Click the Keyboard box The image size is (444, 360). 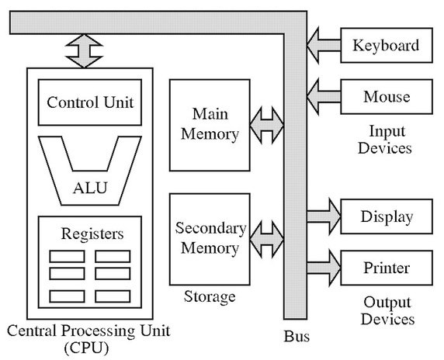pos(386,45)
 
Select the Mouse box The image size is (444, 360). pos(386,98)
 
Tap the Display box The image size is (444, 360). pos(386,216)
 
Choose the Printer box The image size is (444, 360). pos(386,268)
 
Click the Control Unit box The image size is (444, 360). pos(90,102)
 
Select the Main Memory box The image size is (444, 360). pos(210,124)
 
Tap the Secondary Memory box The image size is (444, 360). pos(210,238)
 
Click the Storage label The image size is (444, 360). pos(209,296)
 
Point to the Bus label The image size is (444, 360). pos(296,337)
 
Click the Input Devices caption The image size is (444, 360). pos(385,139)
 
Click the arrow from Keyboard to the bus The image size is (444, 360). pos(324,44)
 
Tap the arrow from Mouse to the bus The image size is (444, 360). pos(324,97)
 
